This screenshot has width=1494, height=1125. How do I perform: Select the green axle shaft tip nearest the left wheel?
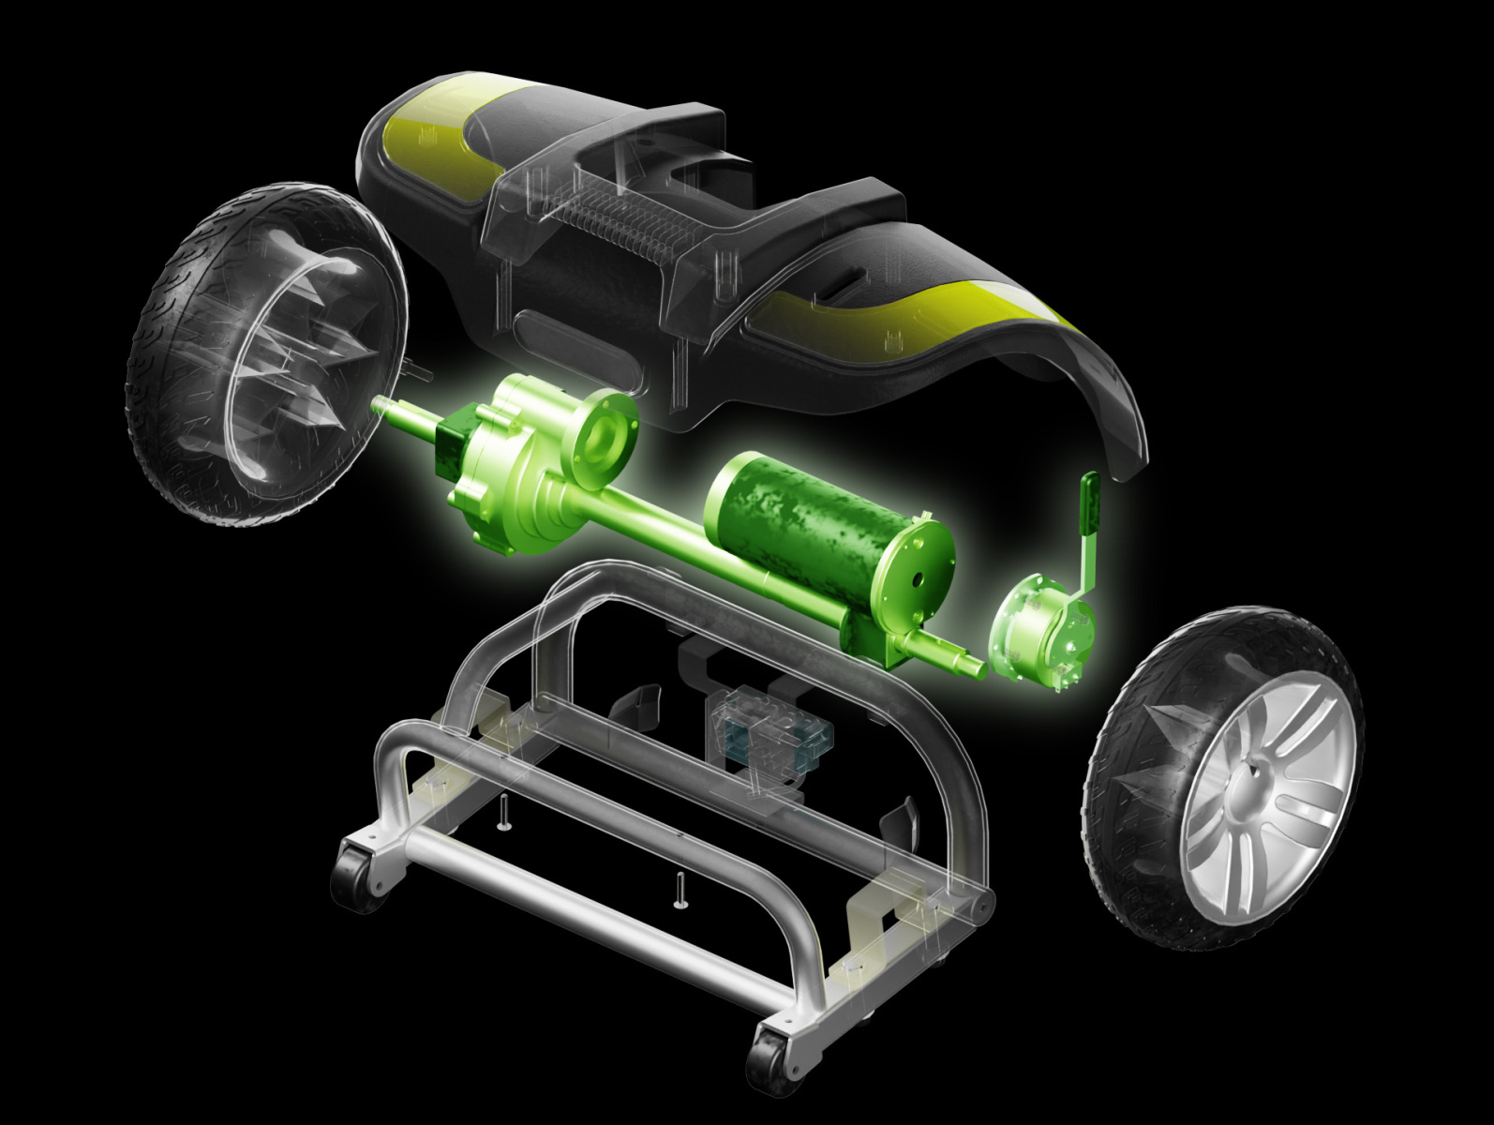[x=380, y=405]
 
